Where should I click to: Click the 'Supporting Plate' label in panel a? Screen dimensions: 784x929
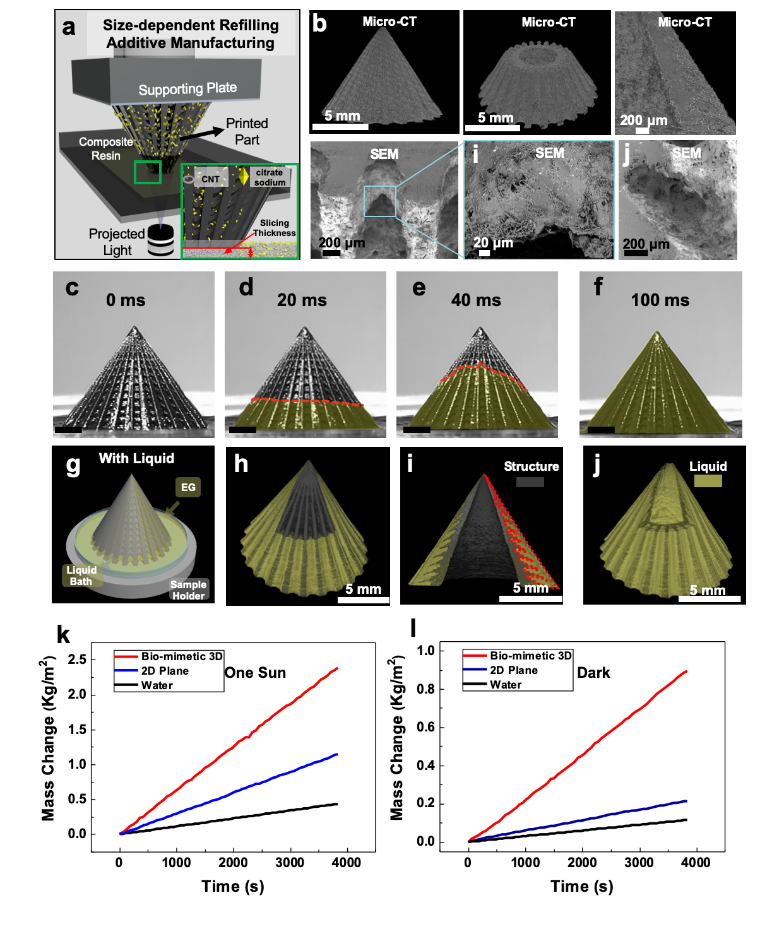[x=187, y=89]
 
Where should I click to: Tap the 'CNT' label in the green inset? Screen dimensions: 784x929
[x=210, y=179]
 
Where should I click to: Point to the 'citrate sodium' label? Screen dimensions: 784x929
[x=270, y=177]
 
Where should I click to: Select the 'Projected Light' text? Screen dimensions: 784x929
[x=117, y=242]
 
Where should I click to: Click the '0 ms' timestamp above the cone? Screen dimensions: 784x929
[x=126, y=300]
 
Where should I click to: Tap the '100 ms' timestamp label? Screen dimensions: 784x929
[x=660, y=300]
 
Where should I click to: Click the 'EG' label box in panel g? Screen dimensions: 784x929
[x=188, y=487]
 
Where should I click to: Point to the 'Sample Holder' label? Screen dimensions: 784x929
[x=188, y=590]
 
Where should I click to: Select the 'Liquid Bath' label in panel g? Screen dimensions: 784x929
[x=81, y=576]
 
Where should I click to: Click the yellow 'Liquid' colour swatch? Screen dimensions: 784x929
[x=708, y=480]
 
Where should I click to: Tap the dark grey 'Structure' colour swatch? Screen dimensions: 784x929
[x=530, y=482]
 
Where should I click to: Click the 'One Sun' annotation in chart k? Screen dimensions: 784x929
[x=255, y=672]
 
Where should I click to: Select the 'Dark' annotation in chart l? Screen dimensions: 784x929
[x=593, y=672]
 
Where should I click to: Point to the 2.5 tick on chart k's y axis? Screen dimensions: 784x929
[x=77, y=659]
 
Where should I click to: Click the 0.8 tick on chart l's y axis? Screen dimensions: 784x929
[x=426, y=689]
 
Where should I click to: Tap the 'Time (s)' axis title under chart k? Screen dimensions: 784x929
[x=233, y=886]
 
